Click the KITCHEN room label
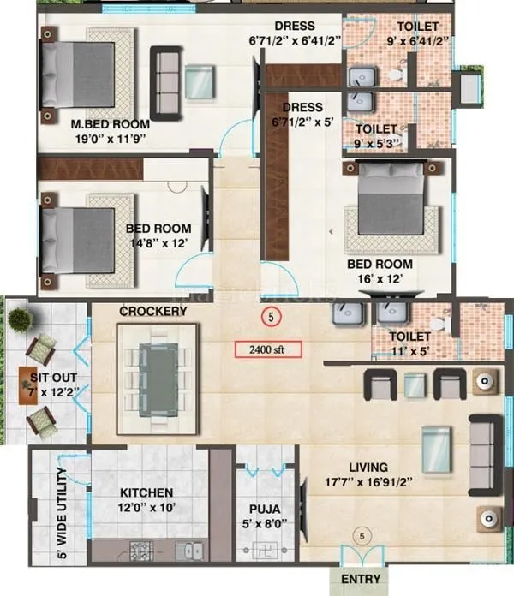tap(146, 493)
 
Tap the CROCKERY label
tap(153, 311)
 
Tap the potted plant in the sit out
tap(21, 319)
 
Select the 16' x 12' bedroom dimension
tap(380, 280)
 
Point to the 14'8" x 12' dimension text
tap(158, 244)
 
